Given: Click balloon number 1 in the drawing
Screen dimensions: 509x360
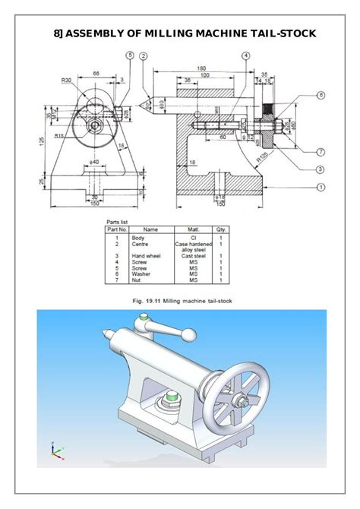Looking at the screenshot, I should tap(321, 186).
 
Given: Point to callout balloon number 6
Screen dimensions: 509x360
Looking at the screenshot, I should tap(321, 95).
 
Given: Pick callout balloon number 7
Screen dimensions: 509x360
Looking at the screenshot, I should tap(321, 151).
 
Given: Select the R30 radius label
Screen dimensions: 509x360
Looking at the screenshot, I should tap(68, 79).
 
